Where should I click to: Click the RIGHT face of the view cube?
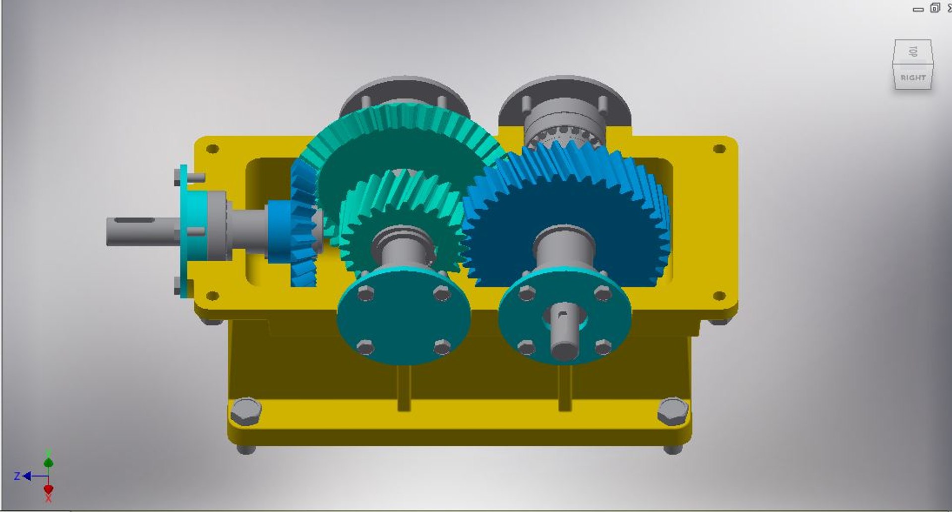click(913, 78)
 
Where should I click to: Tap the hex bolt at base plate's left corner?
click(245, 411)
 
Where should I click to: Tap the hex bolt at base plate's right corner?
click(672, 411)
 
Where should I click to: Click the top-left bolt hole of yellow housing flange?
click(212, 149)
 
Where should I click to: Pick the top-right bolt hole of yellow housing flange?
click(719, 149)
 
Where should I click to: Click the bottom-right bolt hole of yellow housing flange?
click(719, 296)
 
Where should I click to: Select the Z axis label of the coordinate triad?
click(17, 476)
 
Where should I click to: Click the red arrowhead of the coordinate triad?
click(48, 489)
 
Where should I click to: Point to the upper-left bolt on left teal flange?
click(365, 294)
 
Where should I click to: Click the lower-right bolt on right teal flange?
click(603, 347)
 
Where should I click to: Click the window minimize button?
click(918, 8)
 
